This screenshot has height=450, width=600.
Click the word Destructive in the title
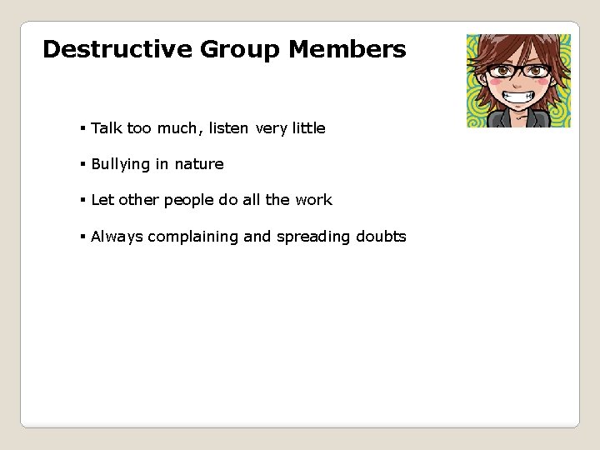(x=117, y=50)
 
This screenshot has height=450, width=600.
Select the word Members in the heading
(x=347, y=50)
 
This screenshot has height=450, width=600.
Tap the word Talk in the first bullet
(x=107, y=128)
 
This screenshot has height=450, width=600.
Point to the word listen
(x=229, y=128)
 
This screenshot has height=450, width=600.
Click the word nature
(x=199, y=164)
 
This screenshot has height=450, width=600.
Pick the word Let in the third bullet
(x=102, y=200)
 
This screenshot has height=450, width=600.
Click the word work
(x=313, y=200)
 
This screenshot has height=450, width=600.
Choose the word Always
(x=117, y=237)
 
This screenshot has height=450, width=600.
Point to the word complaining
(x=196, y=237)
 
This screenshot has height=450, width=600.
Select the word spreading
(x=313, y=237)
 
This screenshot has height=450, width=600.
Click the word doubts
(x=381, y=237)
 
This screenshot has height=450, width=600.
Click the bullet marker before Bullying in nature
(x=83, y=165)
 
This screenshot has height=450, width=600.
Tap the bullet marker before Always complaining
(x=83, y=237)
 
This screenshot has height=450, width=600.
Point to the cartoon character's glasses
(x=519, y=72)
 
